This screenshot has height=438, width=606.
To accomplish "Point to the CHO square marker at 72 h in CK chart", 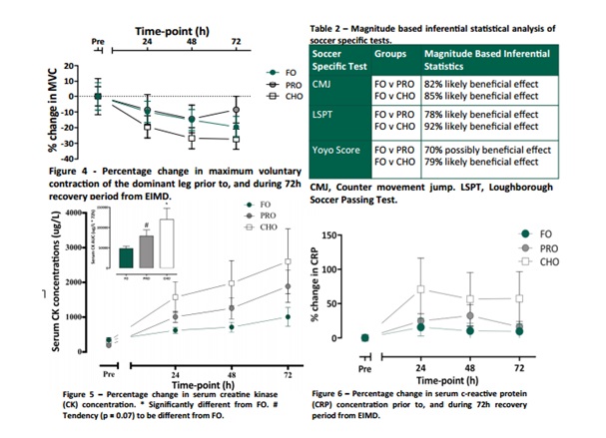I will point(288,262).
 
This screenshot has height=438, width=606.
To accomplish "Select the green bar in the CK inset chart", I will point(126,257).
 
